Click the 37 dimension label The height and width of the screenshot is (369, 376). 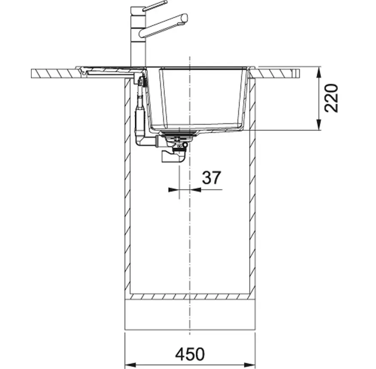[211, 178]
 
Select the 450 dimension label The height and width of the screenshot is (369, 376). [190, 354]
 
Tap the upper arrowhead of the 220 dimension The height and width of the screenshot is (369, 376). [318, 72]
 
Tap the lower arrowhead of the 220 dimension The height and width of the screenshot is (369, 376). [318, 125]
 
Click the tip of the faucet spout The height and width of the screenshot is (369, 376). [185, 18]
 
